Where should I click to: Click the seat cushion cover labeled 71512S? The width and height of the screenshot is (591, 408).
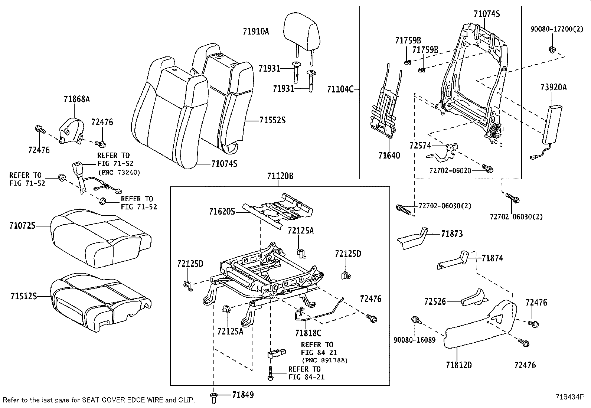98,301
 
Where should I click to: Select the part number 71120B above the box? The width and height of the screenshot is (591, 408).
280,176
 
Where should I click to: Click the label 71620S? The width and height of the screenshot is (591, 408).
222,212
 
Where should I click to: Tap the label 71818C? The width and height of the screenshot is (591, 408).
308,333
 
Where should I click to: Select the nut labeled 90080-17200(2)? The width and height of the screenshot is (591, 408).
552,50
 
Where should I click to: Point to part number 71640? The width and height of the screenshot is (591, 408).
389,156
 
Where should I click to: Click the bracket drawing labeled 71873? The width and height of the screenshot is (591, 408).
412,239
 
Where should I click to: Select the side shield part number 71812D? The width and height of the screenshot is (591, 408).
459,365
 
